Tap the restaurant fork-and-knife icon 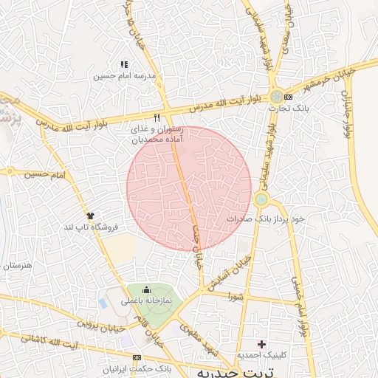157,117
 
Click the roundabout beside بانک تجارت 276,97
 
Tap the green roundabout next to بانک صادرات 261,199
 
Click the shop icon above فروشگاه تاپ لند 91,216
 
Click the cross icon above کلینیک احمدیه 261,344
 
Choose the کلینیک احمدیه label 261,356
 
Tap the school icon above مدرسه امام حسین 125,65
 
